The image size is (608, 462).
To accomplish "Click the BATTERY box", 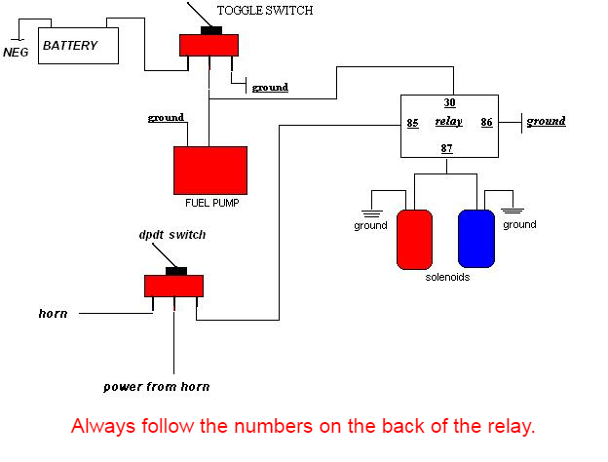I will (x=77, y=46).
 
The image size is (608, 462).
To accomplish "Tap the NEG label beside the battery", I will (x=17, y=52).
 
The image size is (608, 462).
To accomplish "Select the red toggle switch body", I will (x=209, y=45).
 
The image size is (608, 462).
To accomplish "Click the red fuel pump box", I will (x=209, y=171).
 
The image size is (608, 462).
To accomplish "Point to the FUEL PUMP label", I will (x=211, y=204).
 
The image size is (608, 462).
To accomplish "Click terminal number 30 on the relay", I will (x=449, y=102).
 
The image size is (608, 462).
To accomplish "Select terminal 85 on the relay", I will (x=412, y=124).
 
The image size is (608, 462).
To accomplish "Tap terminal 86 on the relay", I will (x=486, y=124).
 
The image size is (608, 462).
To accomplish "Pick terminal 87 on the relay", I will (x=447, y=148).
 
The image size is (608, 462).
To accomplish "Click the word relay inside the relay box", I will (x=448, y=123).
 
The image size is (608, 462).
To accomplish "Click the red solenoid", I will (x=414, y=238).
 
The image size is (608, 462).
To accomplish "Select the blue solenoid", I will (x=476, y=238).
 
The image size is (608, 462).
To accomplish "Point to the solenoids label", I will (x=447, y=278).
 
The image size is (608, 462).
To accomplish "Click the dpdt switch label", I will (x=171, y=235).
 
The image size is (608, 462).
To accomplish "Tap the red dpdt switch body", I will (x=174, y=285).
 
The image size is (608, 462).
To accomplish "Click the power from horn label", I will (x=157, y=387).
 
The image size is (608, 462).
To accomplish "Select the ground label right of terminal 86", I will (x=547, y=122).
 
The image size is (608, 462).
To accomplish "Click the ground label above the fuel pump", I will (x=166, y=118).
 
